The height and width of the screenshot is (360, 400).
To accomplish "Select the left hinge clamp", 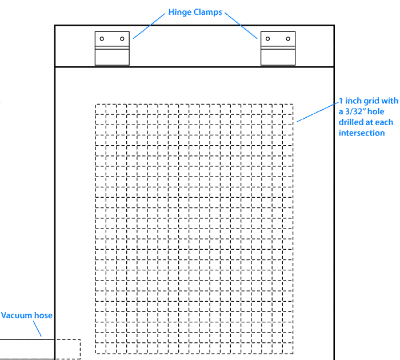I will [x=112, y=48].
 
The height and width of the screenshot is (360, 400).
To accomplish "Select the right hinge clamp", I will [x=278, y=48].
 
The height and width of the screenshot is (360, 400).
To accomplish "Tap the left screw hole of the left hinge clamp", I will [x=102, y=39].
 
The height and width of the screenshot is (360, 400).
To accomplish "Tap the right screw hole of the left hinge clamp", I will [x=122, y=39].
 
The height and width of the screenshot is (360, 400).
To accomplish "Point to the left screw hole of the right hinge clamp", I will [x=267, y=39].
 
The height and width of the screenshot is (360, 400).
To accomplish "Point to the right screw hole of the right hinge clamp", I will [x=287, y=39].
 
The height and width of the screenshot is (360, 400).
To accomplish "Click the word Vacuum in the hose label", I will [x=16, y=315].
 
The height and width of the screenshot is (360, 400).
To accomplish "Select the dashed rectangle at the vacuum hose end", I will [x=67, y=349].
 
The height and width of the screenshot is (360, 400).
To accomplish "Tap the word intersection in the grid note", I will [x=362, y=133].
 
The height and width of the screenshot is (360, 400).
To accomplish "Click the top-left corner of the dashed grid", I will [x=95, y=105].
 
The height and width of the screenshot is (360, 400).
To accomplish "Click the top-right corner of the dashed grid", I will [x=294, y=105].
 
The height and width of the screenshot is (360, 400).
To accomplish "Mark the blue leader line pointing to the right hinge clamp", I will [x=240, y=25].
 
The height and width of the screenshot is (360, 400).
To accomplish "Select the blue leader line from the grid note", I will [x=316, y=111].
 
